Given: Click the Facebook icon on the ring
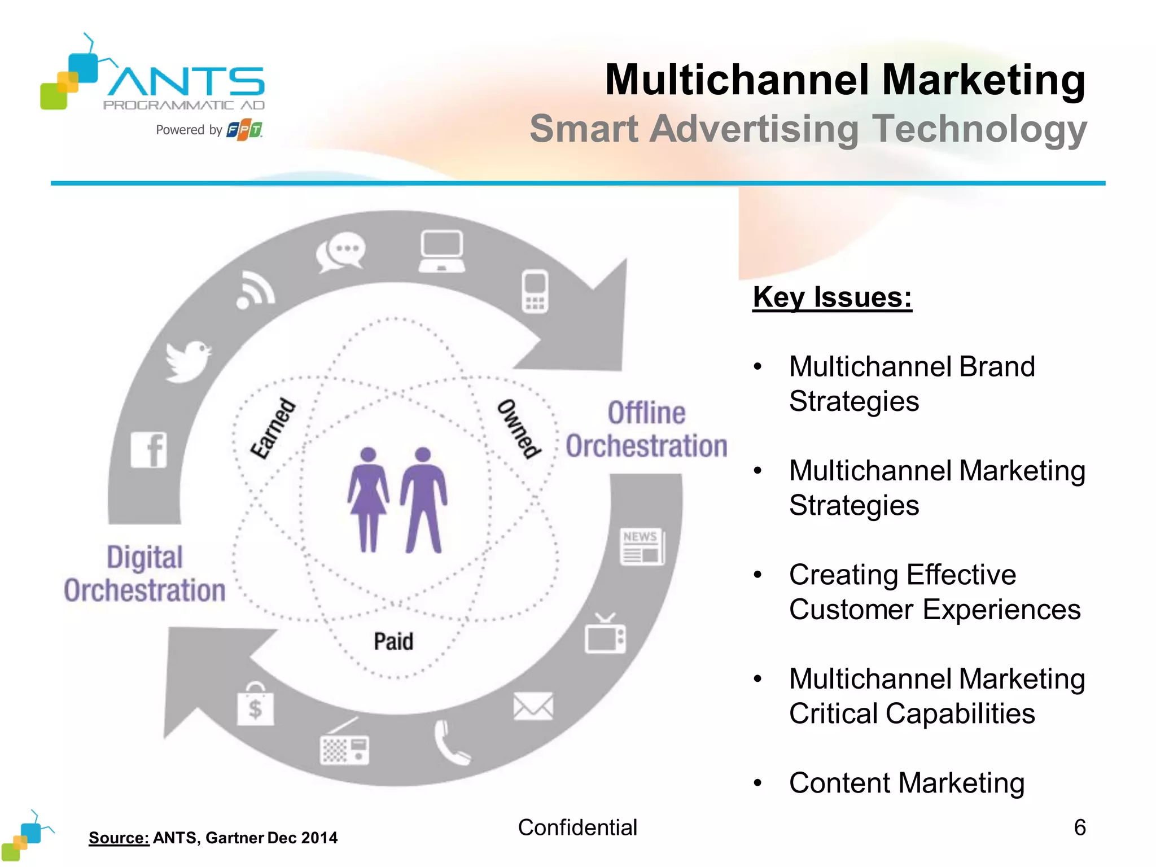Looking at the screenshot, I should click(149, 450).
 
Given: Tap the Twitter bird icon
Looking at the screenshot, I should click(188, 360).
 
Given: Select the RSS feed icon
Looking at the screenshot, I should click(256, 290).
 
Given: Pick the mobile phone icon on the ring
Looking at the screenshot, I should click(535, 291).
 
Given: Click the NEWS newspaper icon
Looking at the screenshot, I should click(642, 546).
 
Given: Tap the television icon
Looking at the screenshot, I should click(605, 635).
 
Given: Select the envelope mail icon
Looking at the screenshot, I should click(533, 706).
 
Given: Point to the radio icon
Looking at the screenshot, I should click(344, 744).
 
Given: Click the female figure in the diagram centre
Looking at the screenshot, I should click(368, 499).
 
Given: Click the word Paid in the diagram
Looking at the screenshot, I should click(393, 642).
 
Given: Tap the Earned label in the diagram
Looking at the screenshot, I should click(273, 428).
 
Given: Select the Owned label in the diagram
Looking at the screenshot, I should click(519, 428).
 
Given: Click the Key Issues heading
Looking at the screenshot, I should click(832, 297).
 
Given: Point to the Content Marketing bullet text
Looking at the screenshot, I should click(907, 783).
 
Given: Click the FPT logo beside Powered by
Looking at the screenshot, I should click(244, 130).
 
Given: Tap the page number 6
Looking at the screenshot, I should click(1079, 827).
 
